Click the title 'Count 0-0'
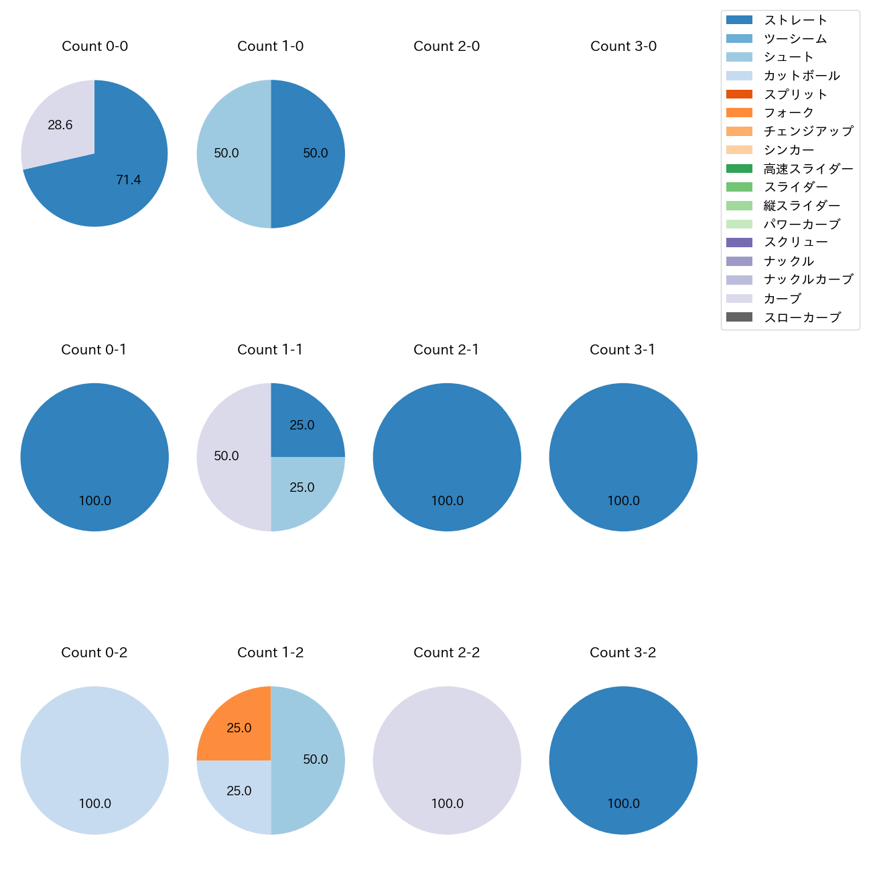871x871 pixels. [94, 46]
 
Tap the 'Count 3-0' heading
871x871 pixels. [623, 46]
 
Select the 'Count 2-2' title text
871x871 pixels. [446, 653]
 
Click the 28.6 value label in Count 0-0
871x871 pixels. [60, 125]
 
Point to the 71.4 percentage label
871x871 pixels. [128, 180]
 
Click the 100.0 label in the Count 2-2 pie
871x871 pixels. [447, 803]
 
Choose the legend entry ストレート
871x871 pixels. [795, 20]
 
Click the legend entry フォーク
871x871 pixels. [789, 113]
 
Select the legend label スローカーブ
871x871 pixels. [802, 318]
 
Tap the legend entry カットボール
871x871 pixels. [801, 76]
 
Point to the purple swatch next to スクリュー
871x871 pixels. [739, 243]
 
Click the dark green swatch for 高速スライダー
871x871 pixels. [739, 169]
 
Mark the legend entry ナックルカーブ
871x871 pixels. [808, 279]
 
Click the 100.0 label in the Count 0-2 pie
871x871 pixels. [94, 803]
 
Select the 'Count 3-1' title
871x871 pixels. [622, 350]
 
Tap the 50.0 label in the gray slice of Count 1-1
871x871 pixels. [226, 456]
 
